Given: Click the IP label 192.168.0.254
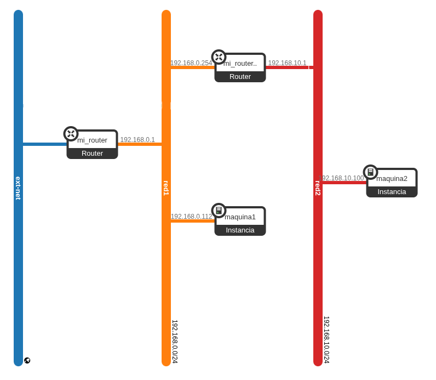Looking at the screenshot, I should point(191,63).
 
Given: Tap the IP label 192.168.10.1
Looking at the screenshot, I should point(287,63).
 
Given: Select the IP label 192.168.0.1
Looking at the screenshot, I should point(137,140).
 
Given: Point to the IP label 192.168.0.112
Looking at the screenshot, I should point(191,217).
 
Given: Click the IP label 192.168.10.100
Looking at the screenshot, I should point(341,178).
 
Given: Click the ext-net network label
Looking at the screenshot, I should point(18,188).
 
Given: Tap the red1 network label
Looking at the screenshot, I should point(166,188).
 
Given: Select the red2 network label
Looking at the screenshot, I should point(318,188).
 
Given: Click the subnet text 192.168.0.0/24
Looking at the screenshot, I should point(175,342).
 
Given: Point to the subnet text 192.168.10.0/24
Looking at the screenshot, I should point(326,339).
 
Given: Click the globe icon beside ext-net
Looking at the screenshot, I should point(27,360).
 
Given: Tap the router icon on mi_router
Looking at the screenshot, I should point(71,134).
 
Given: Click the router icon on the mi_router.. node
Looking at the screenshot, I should point(219,57).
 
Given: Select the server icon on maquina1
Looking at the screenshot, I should point(219,211).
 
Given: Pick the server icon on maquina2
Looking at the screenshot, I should point(370,172).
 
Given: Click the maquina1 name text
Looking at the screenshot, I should point(240,217).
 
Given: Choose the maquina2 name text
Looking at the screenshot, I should point(392,178).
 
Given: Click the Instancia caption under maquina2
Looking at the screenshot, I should point(392,191).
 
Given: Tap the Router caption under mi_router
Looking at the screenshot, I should point(92,153).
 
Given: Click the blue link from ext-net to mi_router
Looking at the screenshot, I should point(44,144).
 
